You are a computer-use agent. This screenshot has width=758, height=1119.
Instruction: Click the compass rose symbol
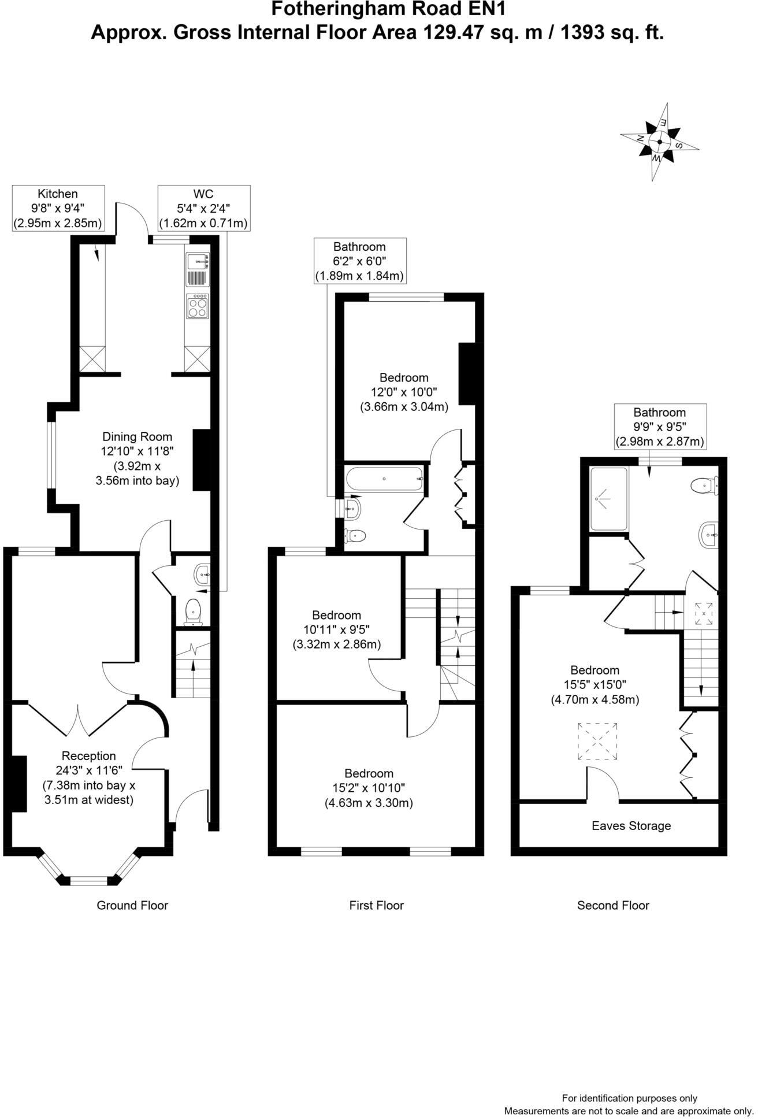click(659, 142)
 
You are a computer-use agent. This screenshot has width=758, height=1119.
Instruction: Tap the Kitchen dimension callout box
click(58, 209)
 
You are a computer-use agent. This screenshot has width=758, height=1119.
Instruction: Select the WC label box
click(205, 209)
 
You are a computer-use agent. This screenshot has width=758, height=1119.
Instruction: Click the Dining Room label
click(137, 458)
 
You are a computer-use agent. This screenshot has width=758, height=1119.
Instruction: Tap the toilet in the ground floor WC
click(192, 612)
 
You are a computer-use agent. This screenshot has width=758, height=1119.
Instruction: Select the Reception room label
click(89, 777)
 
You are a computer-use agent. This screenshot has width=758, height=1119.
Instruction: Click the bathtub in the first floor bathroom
click(385, 479)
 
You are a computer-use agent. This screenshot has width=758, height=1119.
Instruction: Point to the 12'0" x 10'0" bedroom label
click(404, 392)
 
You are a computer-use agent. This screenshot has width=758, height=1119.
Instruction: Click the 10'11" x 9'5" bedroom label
click(336, 629)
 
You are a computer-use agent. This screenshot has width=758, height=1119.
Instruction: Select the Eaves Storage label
click(631, 825)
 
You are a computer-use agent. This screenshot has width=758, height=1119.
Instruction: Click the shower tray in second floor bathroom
click(608, 499)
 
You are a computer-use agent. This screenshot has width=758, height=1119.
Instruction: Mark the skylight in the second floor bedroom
click(597, 742)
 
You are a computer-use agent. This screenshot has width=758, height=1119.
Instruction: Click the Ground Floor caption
click(132, 905)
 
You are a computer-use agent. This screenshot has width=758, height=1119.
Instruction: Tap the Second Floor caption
click(613, 905)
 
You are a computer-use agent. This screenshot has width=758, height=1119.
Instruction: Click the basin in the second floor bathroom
click(708, 535)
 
